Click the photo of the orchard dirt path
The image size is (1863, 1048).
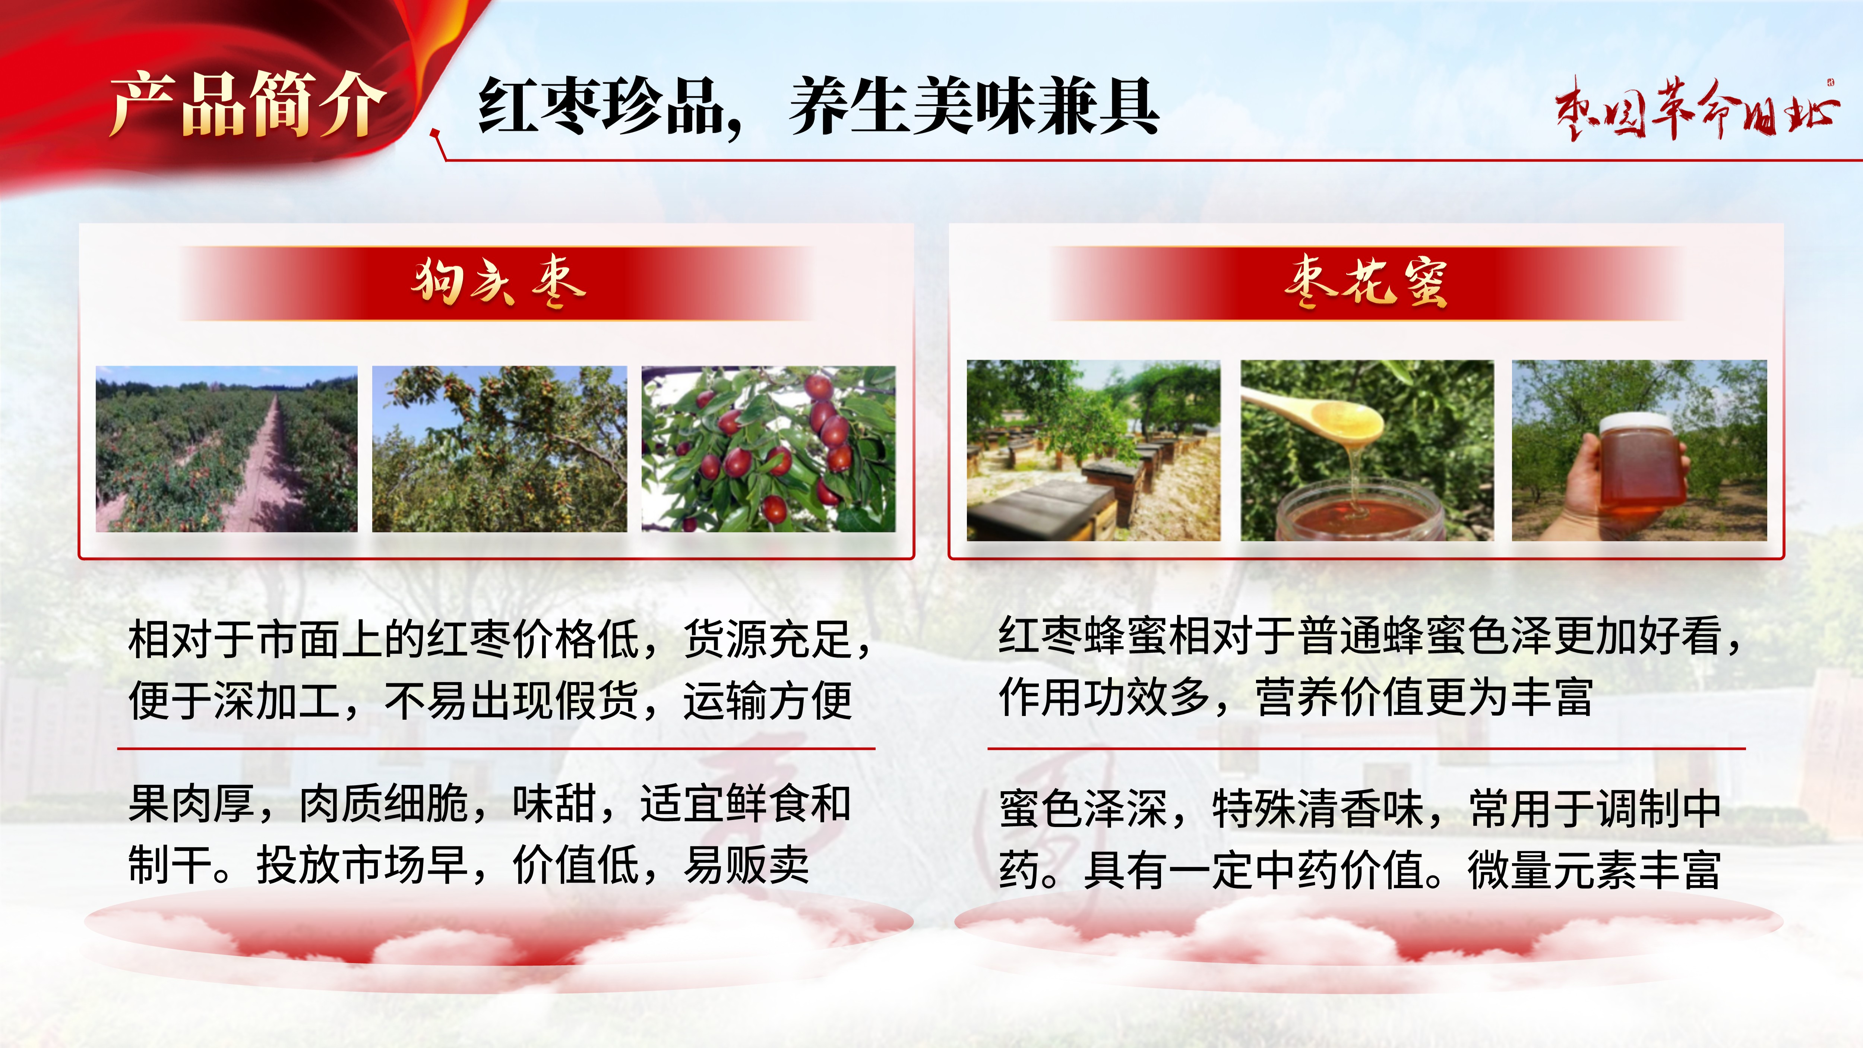click(x=227, y=449)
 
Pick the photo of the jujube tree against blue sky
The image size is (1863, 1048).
click(x=500, y=449)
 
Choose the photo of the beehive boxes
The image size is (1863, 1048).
click(x=1094, y=450)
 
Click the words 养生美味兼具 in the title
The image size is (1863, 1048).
click(x=974, y=107)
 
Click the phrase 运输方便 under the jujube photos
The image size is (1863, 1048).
click(x=768, y=700)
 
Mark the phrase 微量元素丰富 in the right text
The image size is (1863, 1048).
click(x=1595, y=869)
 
